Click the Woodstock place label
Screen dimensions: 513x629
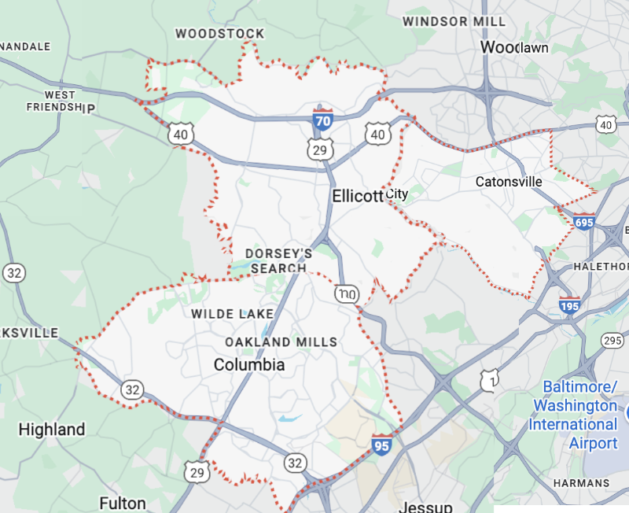(x=219, y=33)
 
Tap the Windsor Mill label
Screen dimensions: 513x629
(x=443, y=21)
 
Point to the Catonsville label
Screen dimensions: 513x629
(x=509, y=182)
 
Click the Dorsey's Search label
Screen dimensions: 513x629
(x=278, y=260)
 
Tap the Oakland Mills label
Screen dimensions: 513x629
(x=281, y=342)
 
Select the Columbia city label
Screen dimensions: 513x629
(x=249, y=365)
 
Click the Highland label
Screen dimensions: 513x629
(x=52, y=430)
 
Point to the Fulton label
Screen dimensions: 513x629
(x=123, y=503)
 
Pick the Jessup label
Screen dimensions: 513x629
(x=425, y=506)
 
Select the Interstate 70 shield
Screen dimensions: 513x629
(x=322, y=120)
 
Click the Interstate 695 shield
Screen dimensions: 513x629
(x=584, y=222)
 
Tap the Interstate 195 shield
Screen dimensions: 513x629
(x=570, y=305)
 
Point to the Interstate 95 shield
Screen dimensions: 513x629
(x=382, y=444)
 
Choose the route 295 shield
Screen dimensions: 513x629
(x=612, y=340)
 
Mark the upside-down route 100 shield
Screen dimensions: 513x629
(x=345, y=293)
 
